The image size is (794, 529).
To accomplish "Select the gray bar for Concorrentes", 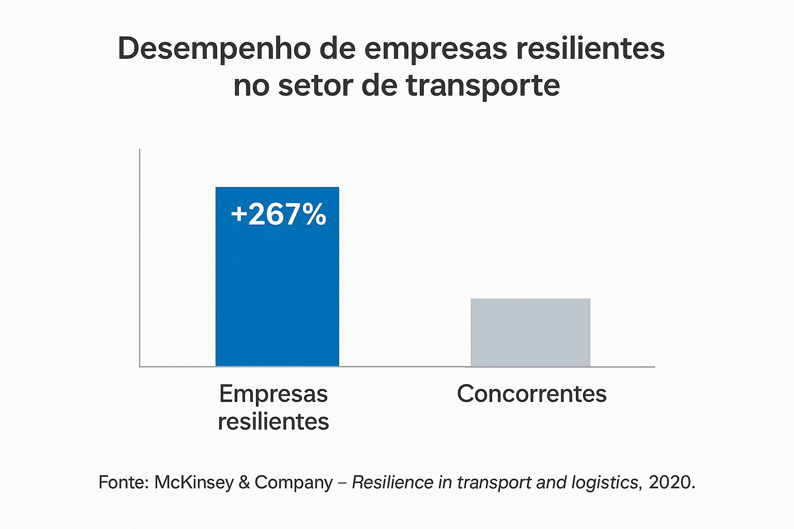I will [x=530, y=333].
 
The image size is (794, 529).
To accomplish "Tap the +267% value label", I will [x=278, y=214].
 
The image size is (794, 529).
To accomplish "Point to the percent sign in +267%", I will [x=314, y=214].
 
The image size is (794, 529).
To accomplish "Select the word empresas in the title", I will [x=436, y=49].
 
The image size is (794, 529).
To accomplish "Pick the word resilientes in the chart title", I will [x=590, y=49].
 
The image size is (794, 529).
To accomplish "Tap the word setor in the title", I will [x=315, y=86].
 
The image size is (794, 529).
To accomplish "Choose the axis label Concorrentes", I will [x=531, y=394].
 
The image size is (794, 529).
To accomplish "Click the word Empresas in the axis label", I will [x=273, y=394].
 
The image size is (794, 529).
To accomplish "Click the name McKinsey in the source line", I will [x=194, y=482].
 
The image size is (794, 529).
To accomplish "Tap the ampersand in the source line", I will [x=244, y=483].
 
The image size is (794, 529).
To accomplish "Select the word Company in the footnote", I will [x=294, y=483].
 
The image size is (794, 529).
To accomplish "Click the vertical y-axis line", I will [x=140, y=258].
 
